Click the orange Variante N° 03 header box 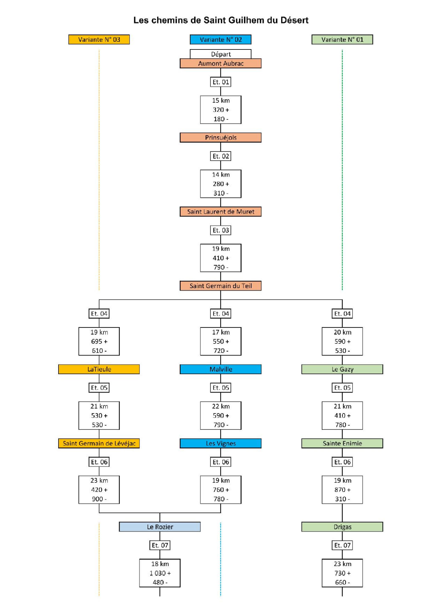99,39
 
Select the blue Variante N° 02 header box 220,39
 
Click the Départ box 220,54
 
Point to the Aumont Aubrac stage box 220,63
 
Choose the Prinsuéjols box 220,137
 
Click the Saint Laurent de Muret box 220,212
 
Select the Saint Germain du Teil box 220,286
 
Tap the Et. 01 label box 220,82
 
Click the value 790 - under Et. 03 220,267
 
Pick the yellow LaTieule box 99,369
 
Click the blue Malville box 220,369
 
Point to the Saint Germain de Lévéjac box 99,443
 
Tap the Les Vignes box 220,443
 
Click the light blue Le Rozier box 160,527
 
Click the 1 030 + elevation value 160,573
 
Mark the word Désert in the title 294,20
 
